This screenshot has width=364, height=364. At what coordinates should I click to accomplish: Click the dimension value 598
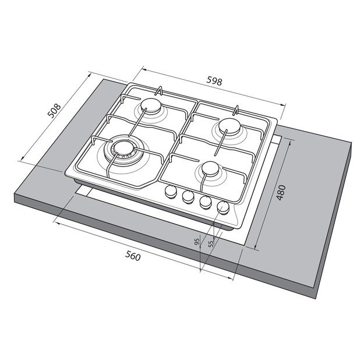(215, 82)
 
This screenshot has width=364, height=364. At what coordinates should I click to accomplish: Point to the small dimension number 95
(198, 243)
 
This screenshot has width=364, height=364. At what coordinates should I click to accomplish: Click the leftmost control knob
(172, 192)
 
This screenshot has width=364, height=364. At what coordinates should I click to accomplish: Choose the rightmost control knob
(222, 207)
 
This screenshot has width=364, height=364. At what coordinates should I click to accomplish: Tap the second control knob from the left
(188, 197)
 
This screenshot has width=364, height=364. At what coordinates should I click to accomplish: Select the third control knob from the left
(205, 202)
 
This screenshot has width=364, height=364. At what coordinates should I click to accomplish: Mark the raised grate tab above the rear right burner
(237, 107)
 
